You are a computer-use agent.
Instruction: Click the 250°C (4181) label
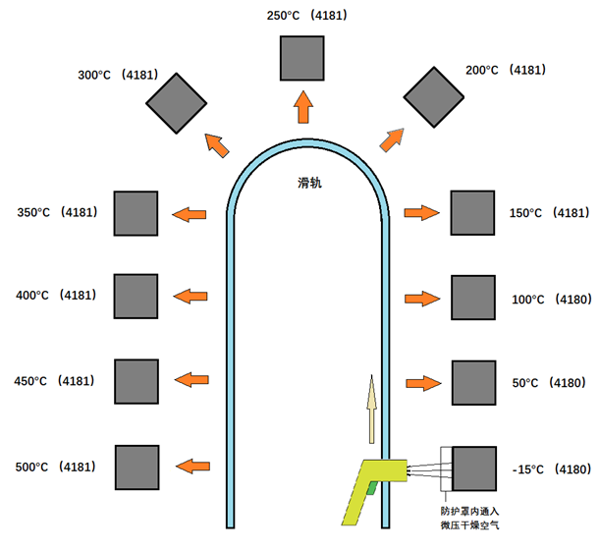[307, 16]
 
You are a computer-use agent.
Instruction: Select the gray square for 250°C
[301, 58]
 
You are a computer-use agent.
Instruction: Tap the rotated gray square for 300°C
[177, 103]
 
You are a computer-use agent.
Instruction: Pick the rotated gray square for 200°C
[434, 97]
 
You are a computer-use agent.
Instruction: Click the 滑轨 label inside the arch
[309, 183]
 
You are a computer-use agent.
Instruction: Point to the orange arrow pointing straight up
[303, 107]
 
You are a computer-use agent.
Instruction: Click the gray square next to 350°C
[136, 213]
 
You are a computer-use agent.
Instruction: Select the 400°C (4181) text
[56, 296]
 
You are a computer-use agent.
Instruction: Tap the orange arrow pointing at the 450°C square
[191, 379]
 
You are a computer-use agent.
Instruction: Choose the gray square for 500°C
[137, 468]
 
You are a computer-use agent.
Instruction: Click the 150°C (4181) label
[550, 213]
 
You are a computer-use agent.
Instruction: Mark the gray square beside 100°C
[473, 298]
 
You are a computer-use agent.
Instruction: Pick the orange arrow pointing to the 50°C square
[423, 383]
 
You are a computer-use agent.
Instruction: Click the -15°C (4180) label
[552, 469]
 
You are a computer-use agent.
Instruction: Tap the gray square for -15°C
[474, 468]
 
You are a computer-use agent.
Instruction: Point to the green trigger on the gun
[371, 488]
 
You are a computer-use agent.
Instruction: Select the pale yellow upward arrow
[371, 409]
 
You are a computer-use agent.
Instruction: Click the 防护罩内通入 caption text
[470, 511]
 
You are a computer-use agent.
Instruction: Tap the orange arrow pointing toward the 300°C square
[217, 145]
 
